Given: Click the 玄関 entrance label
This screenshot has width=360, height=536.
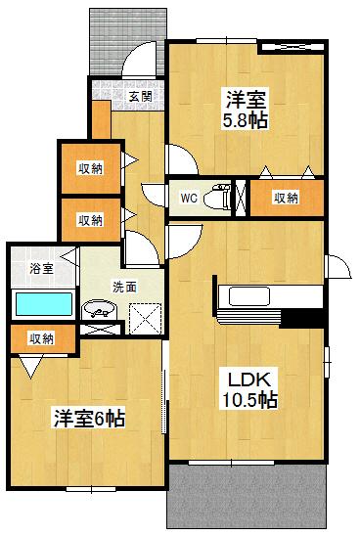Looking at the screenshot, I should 140,96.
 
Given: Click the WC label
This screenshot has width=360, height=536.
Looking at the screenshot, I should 190,198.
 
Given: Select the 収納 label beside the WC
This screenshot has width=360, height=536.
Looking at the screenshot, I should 286,198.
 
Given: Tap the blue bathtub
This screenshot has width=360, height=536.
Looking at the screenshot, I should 45,304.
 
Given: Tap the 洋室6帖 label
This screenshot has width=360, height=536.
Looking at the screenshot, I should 88,419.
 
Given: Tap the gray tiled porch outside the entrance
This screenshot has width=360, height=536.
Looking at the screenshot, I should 112,39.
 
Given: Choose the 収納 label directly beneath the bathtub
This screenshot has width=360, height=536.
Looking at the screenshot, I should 41,338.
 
